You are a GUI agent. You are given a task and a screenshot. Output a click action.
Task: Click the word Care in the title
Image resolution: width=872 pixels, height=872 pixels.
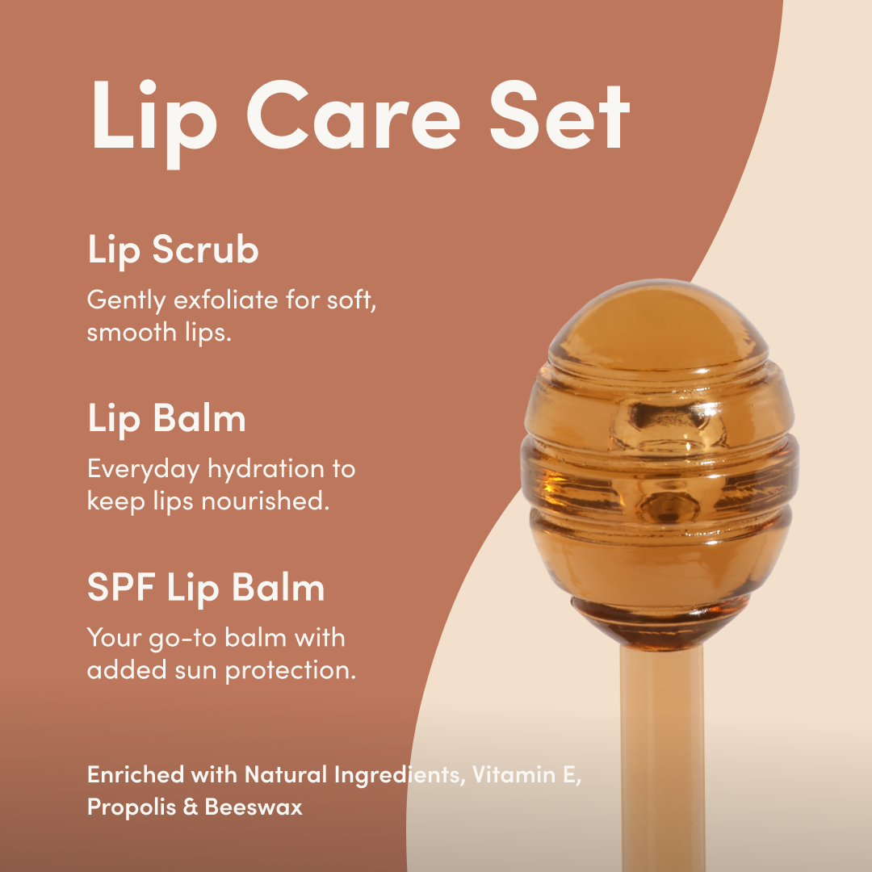pyautogui.click(x=354, y=115)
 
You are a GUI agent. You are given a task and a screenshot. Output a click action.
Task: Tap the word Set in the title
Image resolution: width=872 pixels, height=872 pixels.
pyautogui.click(x=560, y=115)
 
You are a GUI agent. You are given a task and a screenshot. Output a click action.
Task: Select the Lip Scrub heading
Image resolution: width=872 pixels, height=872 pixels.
pyautogui.click(x=173, y=250)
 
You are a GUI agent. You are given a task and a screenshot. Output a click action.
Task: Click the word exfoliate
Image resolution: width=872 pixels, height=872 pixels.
pyautogui.click(x=226, y=300)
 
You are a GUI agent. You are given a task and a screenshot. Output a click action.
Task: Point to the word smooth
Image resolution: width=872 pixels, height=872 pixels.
pyautogui.click(x=132, y=333)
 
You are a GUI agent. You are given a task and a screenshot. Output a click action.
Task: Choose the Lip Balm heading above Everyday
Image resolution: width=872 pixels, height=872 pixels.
pyautogui.click(x=167, y=419)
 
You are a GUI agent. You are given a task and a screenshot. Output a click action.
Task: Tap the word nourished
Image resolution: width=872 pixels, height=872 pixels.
pyautogui.click(x=266, y=501)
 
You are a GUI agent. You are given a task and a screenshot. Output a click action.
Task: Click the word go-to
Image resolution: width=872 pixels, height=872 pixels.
pyautogui.click(x=182, y=639)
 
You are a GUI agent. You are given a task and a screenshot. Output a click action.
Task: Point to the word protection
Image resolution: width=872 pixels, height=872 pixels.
pyautogui.click(x=291, y=671)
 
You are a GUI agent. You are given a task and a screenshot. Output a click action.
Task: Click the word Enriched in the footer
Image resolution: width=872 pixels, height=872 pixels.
pyautogui.click(x=136, y=774)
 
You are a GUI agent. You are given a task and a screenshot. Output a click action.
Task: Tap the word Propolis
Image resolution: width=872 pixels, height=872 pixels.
pyautogui.click(x=132, y=807)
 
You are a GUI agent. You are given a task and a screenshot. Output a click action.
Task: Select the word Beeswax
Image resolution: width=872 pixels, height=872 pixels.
pyautogui.click(x=254, y=807)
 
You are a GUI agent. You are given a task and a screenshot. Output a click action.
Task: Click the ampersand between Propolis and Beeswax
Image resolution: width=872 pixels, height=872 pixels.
pyautogui.click(x=191, y=807)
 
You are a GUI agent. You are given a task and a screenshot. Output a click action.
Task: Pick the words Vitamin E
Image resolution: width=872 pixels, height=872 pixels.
pyautogui.click(x=526, y=774)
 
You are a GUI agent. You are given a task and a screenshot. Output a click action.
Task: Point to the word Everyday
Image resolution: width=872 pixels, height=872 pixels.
pyautogui.click(x=144, y=470)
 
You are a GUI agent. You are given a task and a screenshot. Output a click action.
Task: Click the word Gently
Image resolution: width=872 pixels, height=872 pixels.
pyautogui.click(x=127, y=301)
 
